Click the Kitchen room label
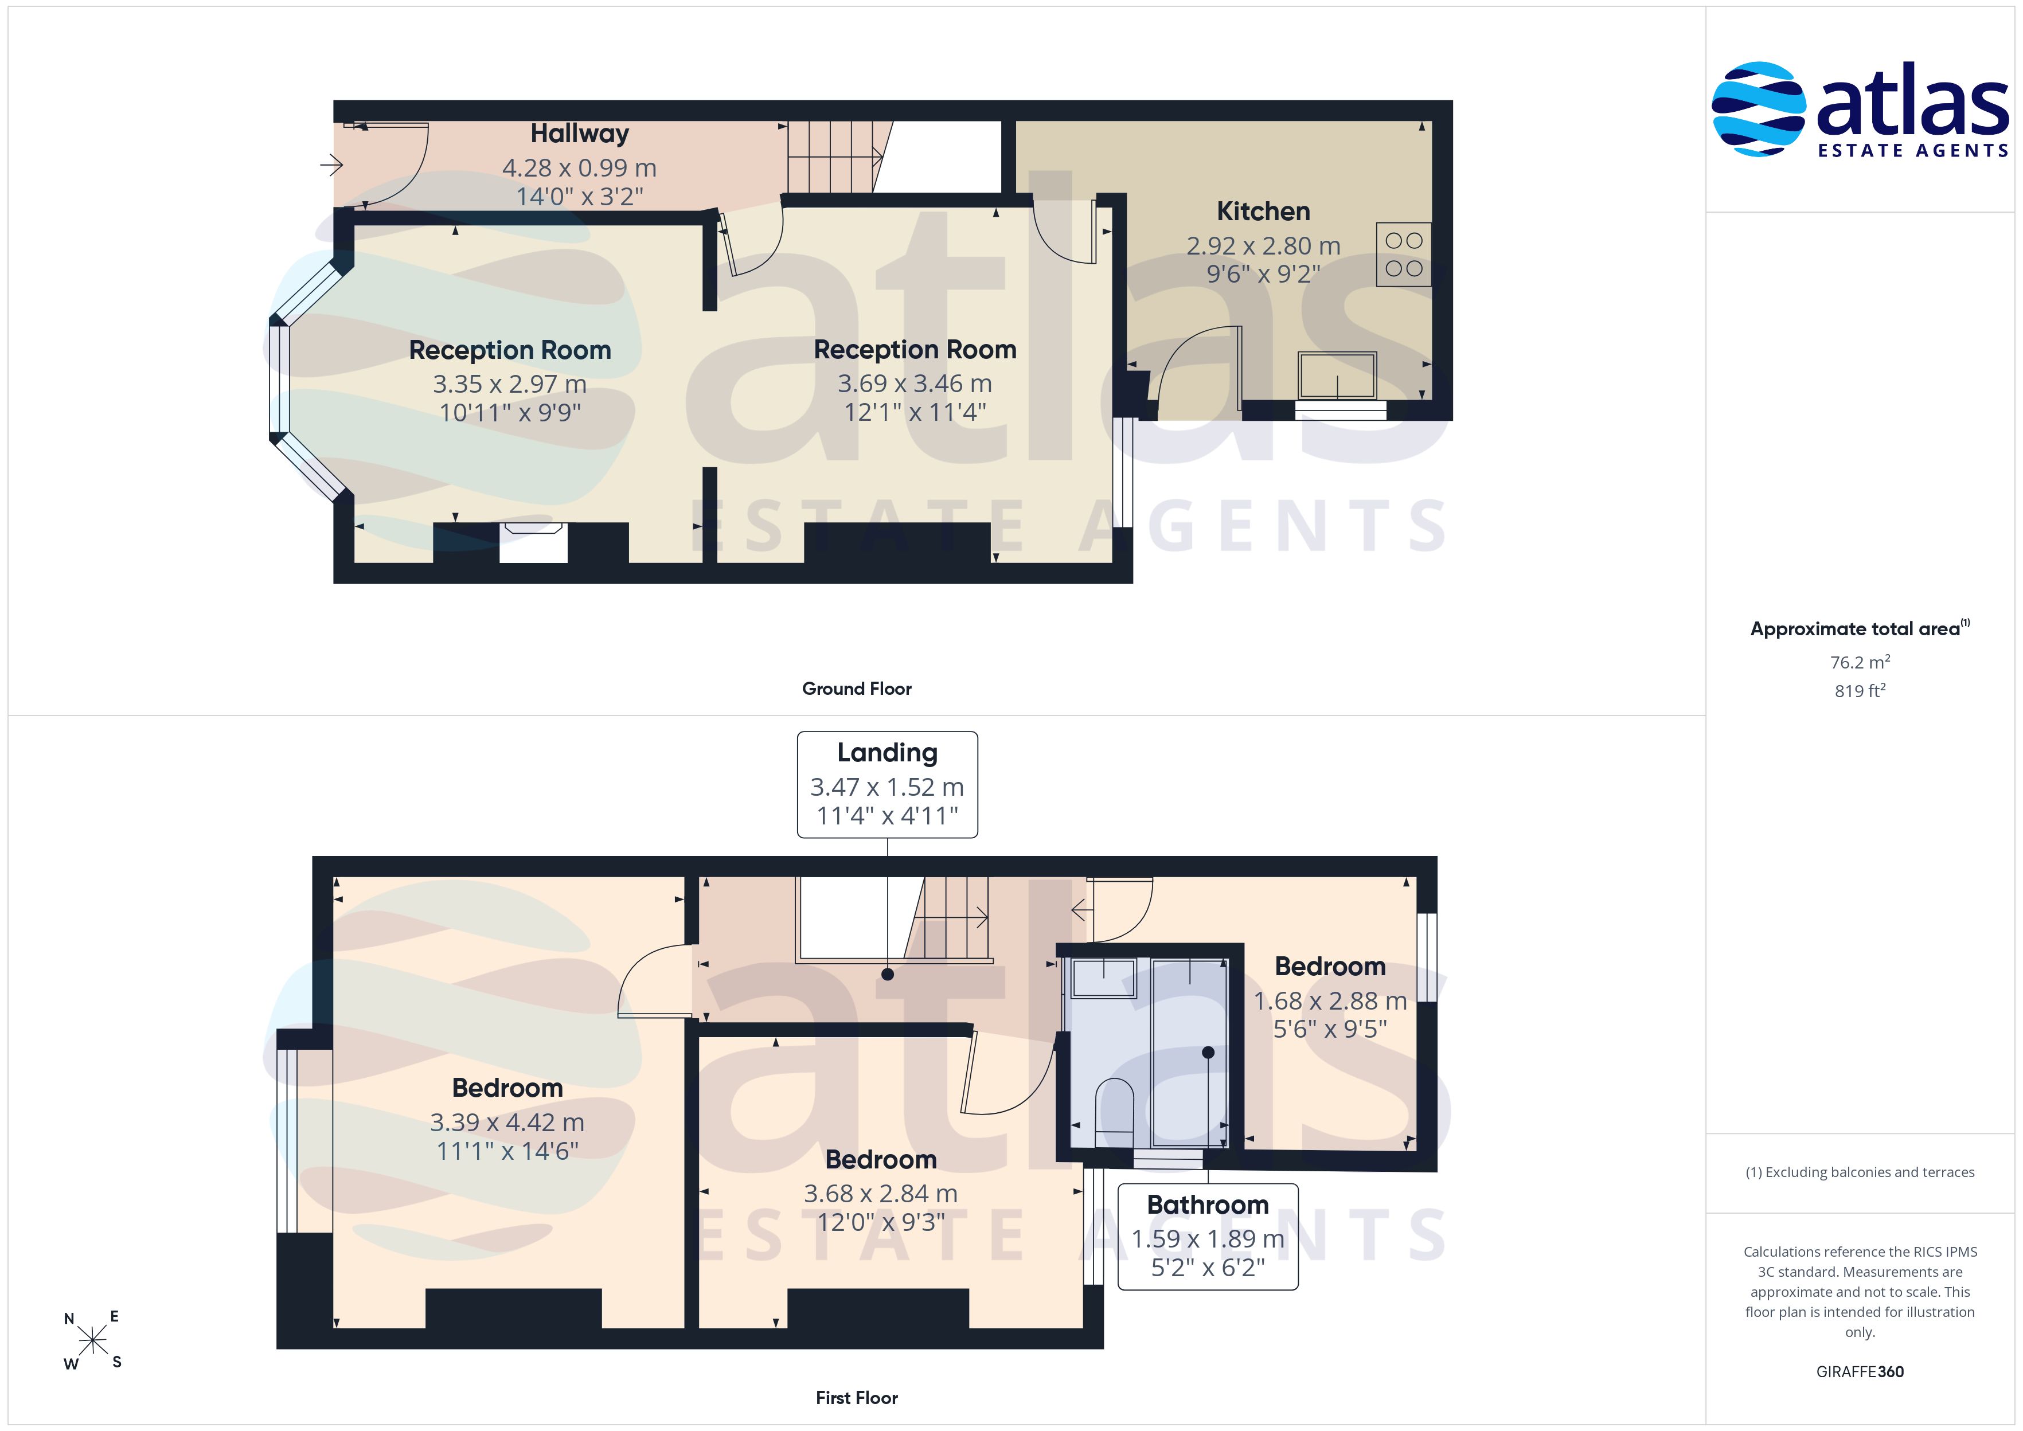coord(1263,212)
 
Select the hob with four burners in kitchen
coord(1404,254)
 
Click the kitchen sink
coord(1337,376)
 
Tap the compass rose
coord(92,1341)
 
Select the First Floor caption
coord(857,1398)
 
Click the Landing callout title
coord(887,753)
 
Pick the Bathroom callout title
coord(1208,1205)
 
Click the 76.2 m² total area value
coord(1860,662)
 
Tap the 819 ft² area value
coord(1860,691)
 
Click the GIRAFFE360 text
coord(1860,1372)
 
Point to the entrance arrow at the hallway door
coord(331,164)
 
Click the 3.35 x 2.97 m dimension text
coord(509,384)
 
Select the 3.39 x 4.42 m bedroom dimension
coord(507,1123)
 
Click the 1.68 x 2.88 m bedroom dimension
coord(1330,1001)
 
